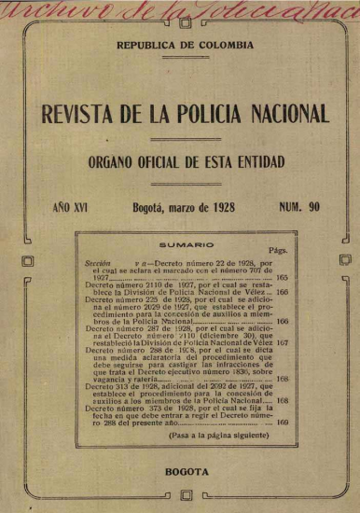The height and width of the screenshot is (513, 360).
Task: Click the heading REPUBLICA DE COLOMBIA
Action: click(x=180, y=70)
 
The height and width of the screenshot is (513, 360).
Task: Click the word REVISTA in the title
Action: click(x=77, y=115)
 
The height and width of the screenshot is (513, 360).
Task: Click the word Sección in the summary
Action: click(x=98, y=264)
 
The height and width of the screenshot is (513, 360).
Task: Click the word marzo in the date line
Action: click(x=193, y=210)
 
